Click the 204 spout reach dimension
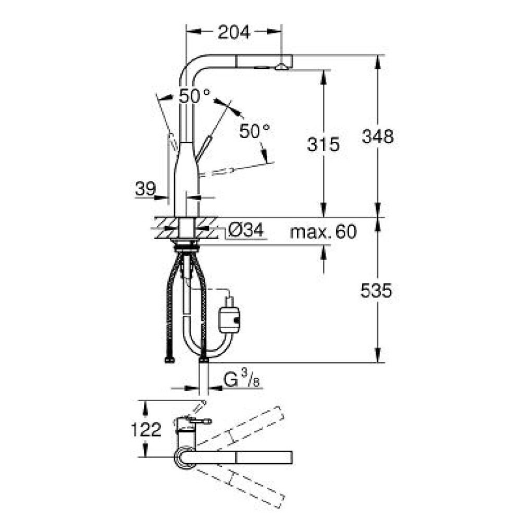tap(233, 32)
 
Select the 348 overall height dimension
tap(377, 136)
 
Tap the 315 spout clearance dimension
tap(323, 144)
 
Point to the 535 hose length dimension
tap(376, 291)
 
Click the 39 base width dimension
tap(145, 189)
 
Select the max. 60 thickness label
tap(323, 231)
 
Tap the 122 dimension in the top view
tap(146, 430)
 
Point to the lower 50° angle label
tap(255, 131)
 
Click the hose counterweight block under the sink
tap(229, 320)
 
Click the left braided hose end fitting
tap(169, 359)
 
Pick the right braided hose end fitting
tap(204, 359)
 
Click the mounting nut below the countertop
tap(187, 246)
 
